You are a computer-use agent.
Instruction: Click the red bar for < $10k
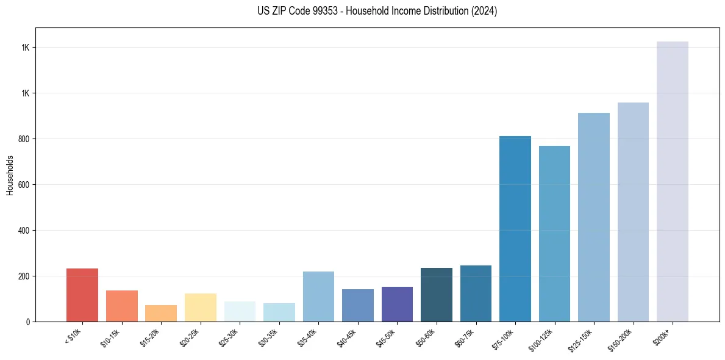pyautogui.click(x=82, y=295)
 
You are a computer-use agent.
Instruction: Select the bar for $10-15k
pyautogui.click(x=121, y=306)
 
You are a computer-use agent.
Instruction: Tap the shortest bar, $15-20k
pyautogui.click(x=161, y=313)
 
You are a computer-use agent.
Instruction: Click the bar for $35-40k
pyautogui.click(x=318, y=297)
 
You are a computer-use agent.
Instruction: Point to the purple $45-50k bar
pyautogui.click(x=397, y=304)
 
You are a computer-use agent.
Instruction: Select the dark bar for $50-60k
pyautogui.click(x=437, y=295)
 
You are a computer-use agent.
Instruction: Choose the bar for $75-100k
pyautogui.click(x=515, y=229)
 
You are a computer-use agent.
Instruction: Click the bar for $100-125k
pyautogui.click(x=554, y=234)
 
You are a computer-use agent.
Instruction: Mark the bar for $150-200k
pyautogui.click(x=633, y=212)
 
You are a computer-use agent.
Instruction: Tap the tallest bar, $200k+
pyautogui.click(x=673, y=181)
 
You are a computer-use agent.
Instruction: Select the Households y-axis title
pyautogui.click(x=10, y=175)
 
